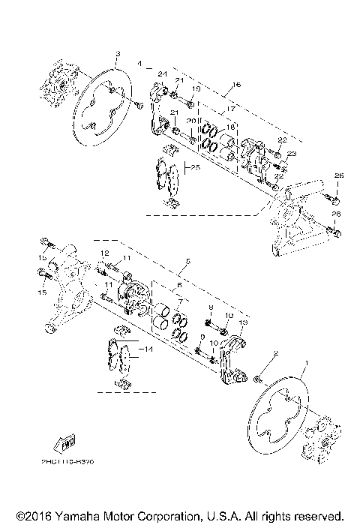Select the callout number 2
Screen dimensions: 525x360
pos(275,353)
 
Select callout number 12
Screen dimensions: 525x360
pos(106,253)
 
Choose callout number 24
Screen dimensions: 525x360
pos(160,73)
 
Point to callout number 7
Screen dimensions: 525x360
pos(179,299)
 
